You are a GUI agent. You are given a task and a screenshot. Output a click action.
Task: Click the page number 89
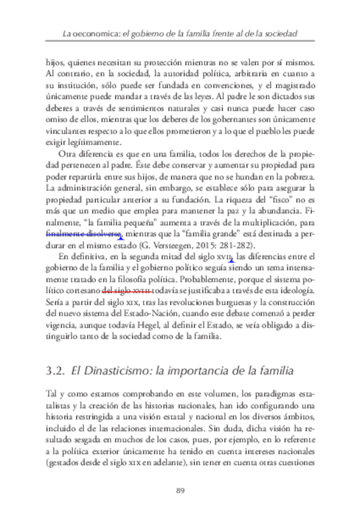click(x=180, y=490)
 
